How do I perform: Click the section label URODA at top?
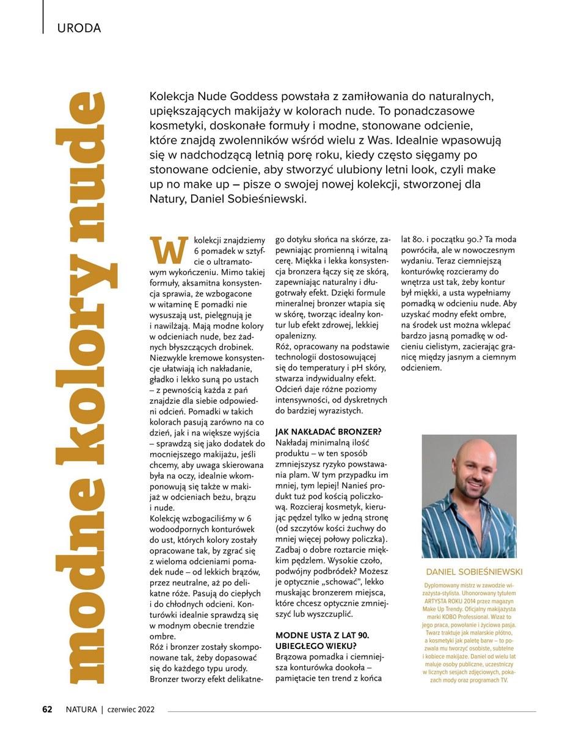point(78,27)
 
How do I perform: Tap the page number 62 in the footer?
point(47,709)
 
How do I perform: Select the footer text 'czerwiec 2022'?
point(131,709)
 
